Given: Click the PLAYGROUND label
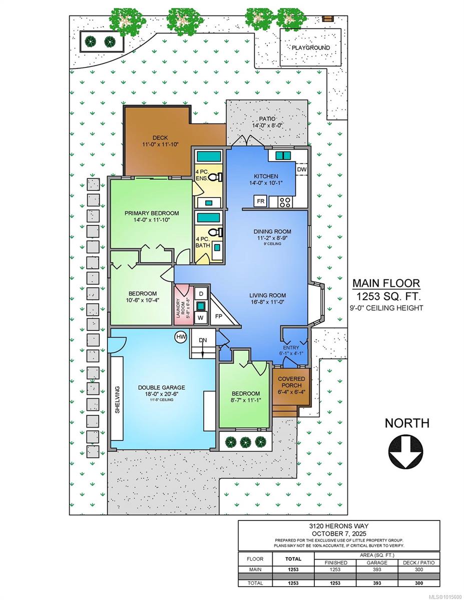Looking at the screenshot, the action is [x=311, y=48].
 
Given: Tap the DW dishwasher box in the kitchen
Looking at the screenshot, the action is [x=302, y=169].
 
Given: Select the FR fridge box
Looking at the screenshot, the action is [x=261, y=201].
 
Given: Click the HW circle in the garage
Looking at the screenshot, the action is [x=181, y=337].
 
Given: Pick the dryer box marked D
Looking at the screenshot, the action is [x=201, y=294].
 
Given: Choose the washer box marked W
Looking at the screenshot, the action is [x=201, y=317].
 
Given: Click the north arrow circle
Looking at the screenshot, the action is [x=405, y=452].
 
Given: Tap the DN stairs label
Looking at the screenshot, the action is [x=203, y=340].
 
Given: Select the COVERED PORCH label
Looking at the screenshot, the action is [x=291, y=382].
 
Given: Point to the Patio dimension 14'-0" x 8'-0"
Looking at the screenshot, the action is [x=267, y=125].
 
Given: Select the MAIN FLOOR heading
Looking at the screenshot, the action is [x=386, y=283].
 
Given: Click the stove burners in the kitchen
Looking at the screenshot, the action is [x=285, y=202].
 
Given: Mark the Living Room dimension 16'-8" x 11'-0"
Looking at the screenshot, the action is [x=267, y=302].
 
